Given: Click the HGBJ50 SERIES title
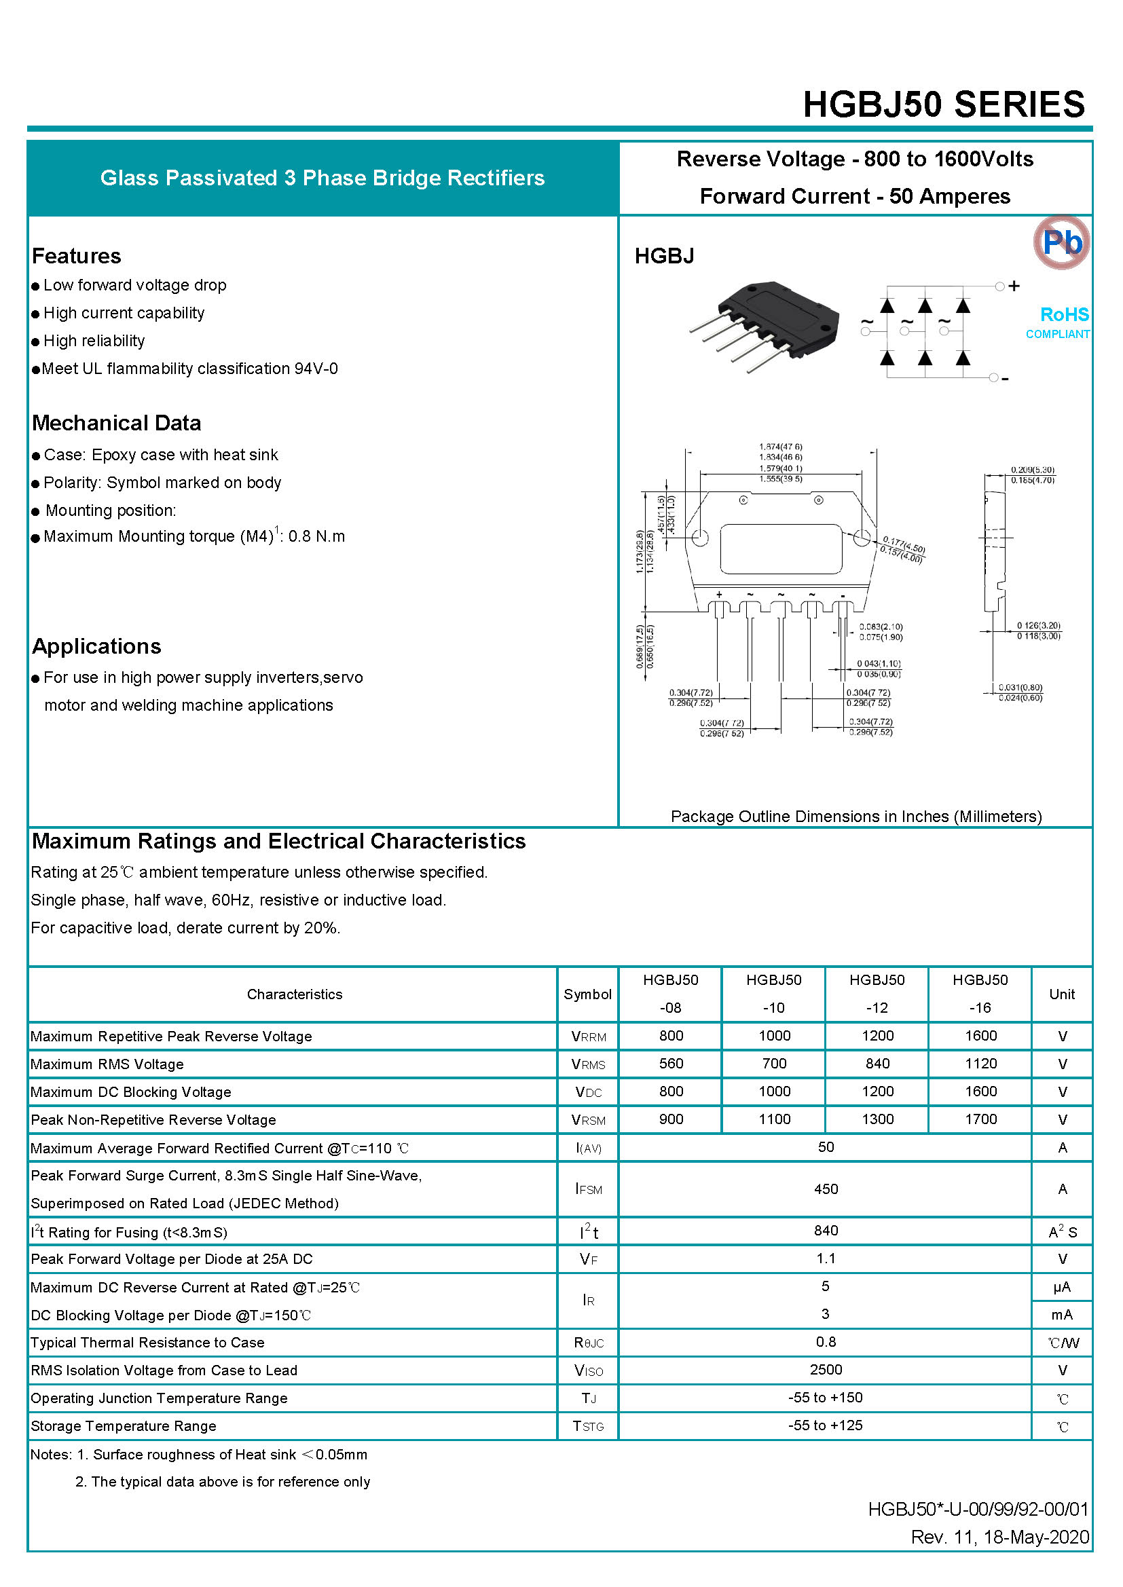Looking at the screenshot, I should [x=943, y=105].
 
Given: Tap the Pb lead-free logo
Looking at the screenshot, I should [x=1061, y=242].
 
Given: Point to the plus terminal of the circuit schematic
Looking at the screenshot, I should [x=1014, y=286].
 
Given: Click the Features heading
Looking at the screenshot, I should [x=77, y=256].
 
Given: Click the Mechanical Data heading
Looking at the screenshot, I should [x=117, y=423].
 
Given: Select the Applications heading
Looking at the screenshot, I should [x=97, y=646].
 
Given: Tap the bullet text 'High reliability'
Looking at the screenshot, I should [x=94, y=341].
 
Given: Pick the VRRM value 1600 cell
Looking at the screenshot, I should [x=980, y=1035].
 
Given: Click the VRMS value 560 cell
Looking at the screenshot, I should [x=671, y=1063].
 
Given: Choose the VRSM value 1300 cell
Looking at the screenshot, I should [x=877, y=1119].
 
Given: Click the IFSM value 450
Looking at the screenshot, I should [x=826, y=1189].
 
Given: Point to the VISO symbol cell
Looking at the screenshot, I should [x=588, y=1370].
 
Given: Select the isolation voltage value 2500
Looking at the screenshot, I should [x=826, y=1370].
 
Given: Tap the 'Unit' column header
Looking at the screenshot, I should [x=1061, y=994].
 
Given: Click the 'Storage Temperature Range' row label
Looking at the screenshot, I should [x=124, y=1426].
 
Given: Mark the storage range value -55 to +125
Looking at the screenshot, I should [x=826, y=1425].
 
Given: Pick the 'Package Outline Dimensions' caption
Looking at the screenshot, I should [x=856, y=817].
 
